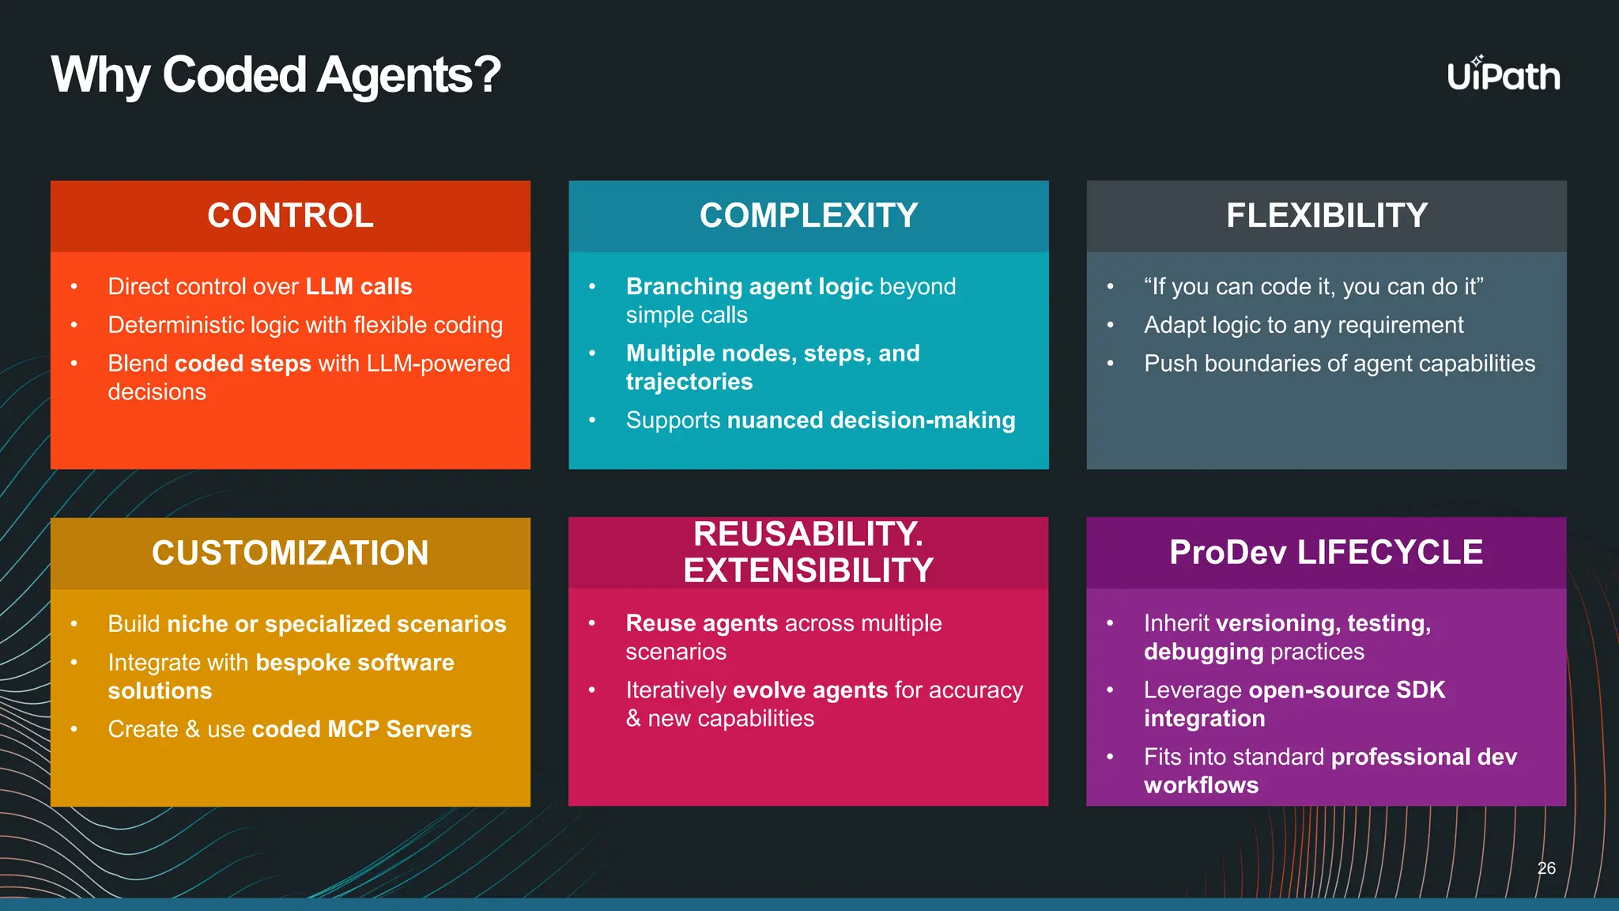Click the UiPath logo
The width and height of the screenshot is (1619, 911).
(1503, 75)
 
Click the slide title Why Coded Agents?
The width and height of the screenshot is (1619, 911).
(275, 75)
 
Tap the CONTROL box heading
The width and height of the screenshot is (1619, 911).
(290, 216)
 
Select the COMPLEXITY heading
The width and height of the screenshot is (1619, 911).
(808, 216)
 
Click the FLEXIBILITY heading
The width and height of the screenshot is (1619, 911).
(1327, 216)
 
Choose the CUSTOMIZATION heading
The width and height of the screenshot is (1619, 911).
(290, 553)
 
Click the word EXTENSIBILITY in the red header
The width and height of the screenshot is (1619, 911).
(808, 571)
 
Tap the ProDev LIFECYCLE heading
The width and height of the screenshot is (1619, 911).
(1326, 552)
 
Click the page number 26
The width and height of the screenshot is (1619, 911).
(1546, 868)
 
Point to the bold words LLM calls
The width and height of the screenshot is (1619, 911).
(359, 286)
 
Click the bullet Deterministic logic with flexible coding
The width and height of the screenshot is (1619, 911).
(305, 325)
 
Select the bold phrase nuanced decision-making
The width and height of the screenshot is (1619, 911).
(870, 420)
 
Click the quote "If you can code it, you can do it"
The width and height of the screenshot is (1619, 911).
(1313, 286)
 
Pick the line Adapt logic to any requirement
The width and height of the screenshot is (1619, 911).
(1304, 325)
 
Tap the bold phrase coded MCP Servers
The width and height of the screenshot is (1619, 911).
(361, 729)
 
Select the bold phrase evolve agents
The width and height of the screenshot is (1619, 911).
(810, 690)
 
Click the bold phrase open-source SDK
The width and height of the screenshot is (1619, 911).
(1346, 690)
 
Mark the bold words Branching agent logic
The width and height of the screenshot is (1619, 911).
(749, 286)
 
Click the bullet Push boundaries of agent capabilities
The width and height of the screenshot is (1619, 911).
(1339, 364)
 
